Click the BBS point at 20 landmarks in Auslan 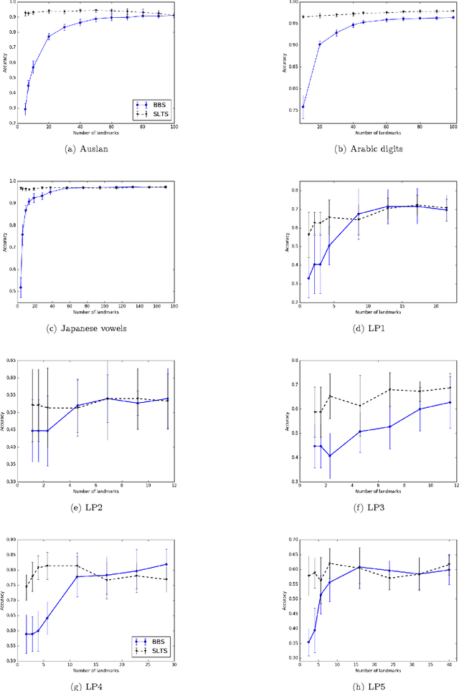pos(49,37)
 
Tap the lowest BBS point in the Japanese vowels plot pos(20,287)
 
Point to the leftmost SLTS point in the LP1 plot pos(308,234)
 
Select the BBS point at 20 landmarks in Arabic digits pos(319,44)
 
